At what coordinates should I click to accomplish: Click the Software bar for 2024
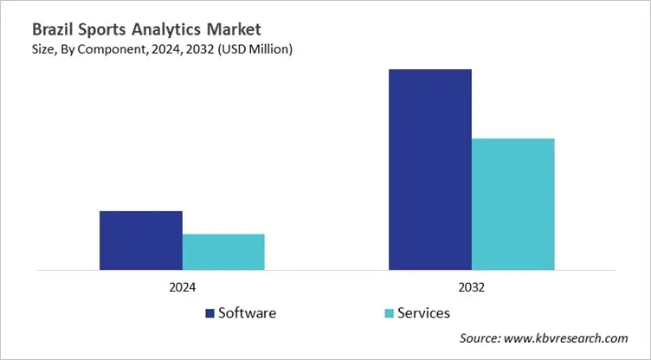(140, 241)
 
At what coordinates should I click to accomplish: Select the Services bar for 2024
(223, 252)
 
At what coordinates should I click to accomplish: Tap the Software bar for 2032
(430, 170)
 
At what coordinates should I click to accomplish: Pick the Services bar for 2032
(512, 204)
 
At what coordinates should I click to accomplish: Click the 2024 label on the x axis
(182, 287)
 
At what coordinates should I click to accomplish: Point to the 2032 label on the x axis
(472, 287)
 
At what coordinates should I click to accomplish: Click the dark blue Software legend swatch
(210, 313)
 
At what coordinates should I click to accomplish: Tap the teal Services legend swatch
(389, 313)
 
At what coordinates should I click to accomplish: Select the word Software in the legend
(248, 312)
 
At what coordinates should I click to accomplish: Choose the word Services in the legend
(423, 312)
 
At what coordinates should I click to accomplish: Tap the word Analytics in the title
(161, 30)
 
